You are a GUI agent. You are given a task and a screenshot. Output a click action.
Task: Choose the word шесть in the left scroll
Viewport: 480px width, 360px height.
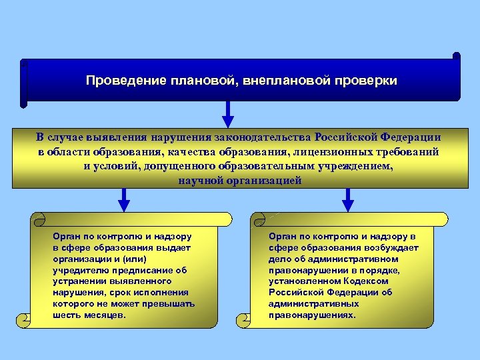[x=66, y=315]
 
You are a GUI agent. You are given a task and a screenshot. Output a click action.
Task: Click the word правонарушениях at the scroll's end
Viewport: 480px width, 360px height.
[x=313, y=315]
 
